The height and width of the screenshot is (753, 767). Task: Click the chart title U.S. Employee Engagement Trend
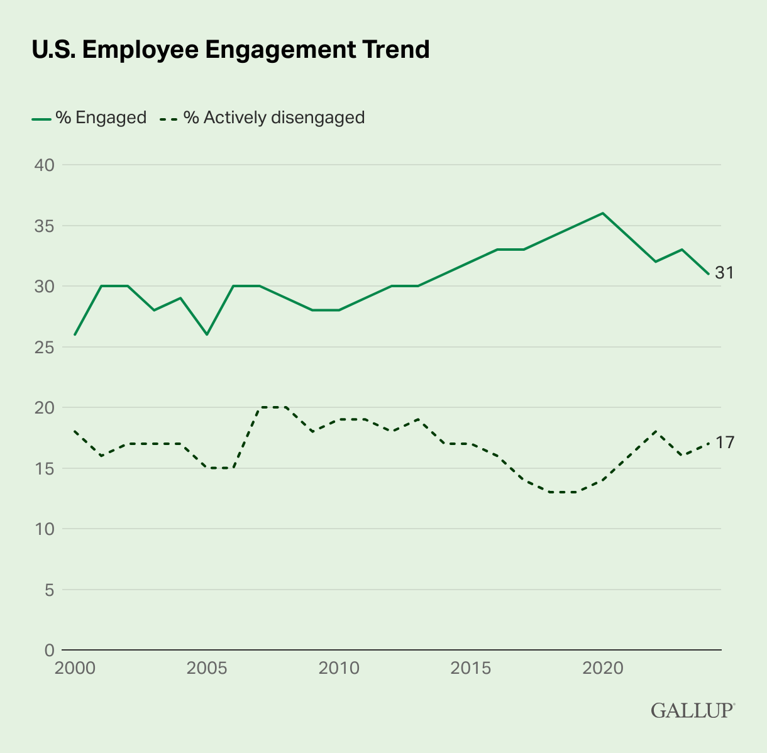(231, 50)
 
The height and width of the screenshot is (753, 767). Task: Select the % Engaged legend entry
(89, 118)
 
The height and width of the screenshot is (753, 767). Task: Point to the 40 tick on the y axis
(44, 165)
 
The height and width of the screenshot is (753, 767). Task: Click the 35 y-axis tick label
(44, 226)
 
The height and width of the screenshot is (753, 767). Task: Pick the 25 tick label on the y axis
(44, 347)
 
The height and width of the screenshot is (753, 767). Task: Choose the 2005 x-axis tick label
(207, 668)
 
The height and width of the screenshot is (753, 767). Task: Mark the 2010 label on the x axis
(339, 668)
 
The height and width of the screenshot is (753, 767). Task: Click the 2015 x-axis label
(471, 668)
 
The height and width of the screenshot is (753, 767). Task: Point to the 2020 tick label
(603, 668)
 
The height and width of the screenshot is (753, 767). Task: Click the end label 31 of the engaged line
(724, 273)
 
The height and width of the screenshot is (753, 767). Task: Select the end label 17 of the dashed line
(724, 443)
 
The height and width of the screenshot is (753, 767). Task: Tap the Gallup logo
(693, 710)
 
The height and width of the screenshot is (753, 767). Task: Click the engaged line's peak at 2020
(603, 213)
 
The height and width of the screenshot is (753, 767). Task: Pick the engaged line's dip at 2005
(207, 334)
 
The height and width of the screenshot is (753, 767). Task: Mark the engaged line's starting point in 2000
(75, 334)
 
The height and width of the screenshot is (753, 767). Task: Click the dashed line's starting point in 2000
(75, 431)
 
